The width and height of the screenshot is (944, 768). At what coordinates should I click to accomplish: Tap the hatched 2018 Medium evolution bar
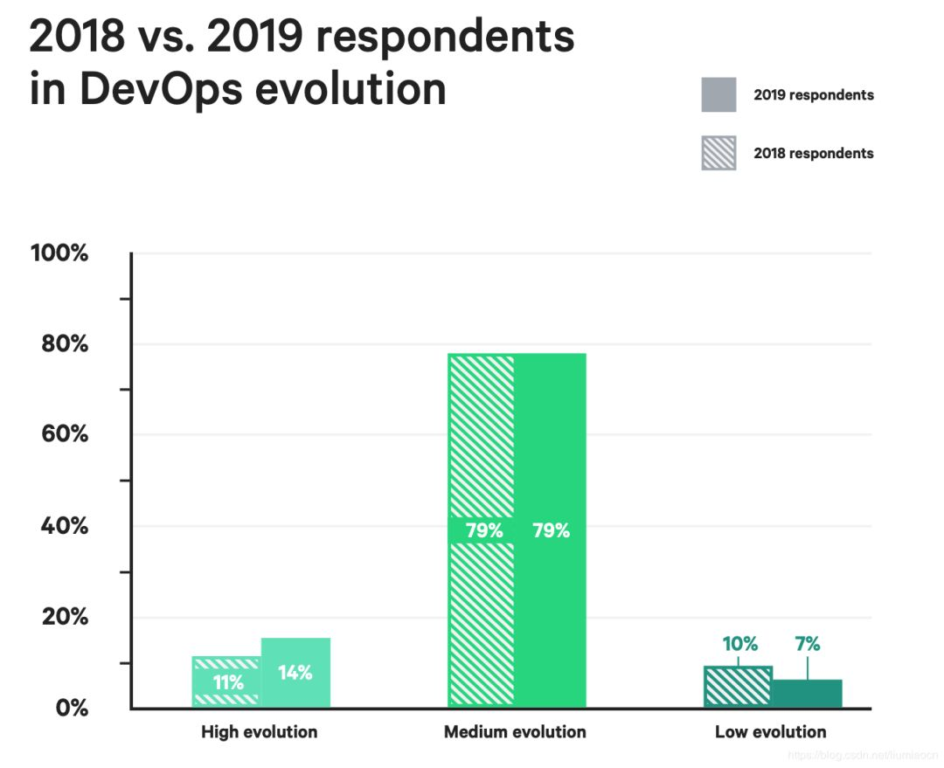tap(481, 437)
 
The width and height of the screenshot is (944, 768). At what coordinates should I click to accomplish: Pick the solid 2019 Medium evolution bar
tap(551, 437)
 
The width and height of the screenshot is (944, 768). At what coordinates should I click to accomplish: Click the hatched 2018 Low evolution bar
tap(738, 687)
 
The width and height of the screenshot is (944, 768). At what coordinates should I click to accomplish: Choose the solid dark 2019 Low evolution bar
tap(807, 694)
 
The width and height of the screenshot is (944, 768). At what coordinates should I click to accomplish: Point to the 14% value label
tap(295, 673)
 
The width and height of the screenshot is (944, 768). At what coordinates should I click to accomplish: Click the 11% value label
tap(228, 683)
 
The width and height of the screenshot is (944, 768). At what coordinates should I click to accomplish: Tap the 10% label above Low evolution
tap(739, 644)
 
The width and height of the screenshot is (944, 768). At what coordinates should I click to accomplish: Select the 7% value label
tap(808, 644)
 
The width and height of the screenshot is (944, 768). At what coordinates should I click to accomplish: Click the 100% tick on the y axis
tap(59, 253)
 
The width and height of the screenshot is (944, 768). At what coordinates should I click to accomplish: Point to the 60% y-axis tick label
tap(65, 434)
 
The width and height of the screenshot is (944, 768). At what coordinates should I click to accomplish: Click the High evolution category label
tap(260, 732)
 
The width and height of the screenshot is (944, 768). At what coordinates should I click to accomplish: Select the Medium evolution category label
tap(515, 732)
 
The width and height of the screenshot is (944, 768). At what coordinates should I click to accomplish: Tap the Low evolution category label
tap(770, 732)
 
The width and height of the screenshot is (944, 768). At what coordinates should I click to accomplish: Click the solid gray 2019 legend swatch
tap(718, 95)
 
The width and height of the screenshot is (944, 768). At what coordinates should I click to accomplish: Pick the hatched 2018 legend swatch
tap(718, 153)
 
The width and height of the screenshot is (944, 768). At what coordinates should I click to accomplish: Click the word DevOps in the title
tap(156, 89)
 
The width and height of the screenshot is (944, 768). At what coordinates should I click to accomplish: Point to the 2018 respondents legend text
tap(813, 153)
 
